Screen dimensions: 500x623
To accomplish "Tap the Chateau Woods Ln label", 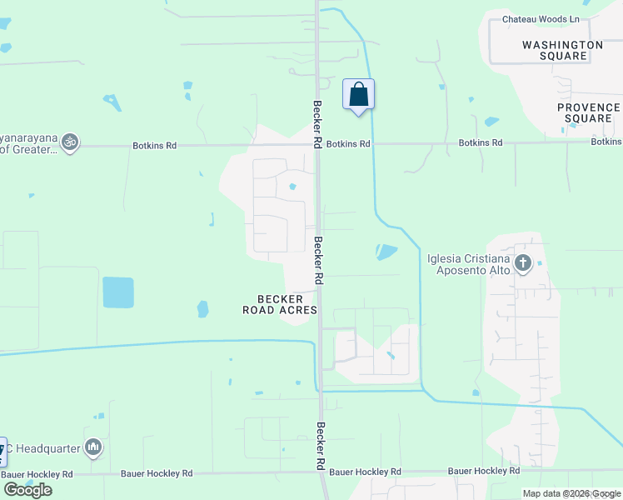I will coord(541,19).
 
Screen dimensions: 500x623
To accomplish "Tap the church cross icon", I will coord(522,264).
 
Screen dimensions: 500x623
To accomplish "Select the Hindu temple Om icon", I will coord(71,142).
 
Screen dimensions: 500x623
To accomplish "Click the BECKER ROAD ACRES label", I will coord(280,304).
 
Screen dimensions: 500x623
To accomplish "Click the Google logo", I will coord(27,490).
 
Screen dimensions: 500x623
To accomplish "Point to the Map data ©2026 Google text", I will coord(571,493).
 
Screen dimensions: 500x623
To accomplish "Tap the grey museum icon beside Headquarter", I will coord(93,448).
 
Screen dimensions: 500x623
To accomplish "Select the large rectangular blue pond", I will coord(117,292).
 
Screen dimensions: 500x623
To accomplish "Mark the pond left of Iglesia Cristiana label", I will coord(386,251).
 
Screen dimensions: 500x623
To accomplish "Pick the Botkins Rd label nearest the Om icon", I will coord(155,146).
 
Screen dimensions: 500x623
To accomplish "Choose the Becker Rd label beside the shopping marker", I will coord(317,125).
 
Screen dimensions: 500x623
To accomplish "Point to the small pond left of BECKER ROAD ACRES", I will coord(202,309).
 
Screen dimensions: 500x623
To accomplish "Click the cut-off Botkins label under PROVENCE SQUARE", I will coord(606,142).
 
